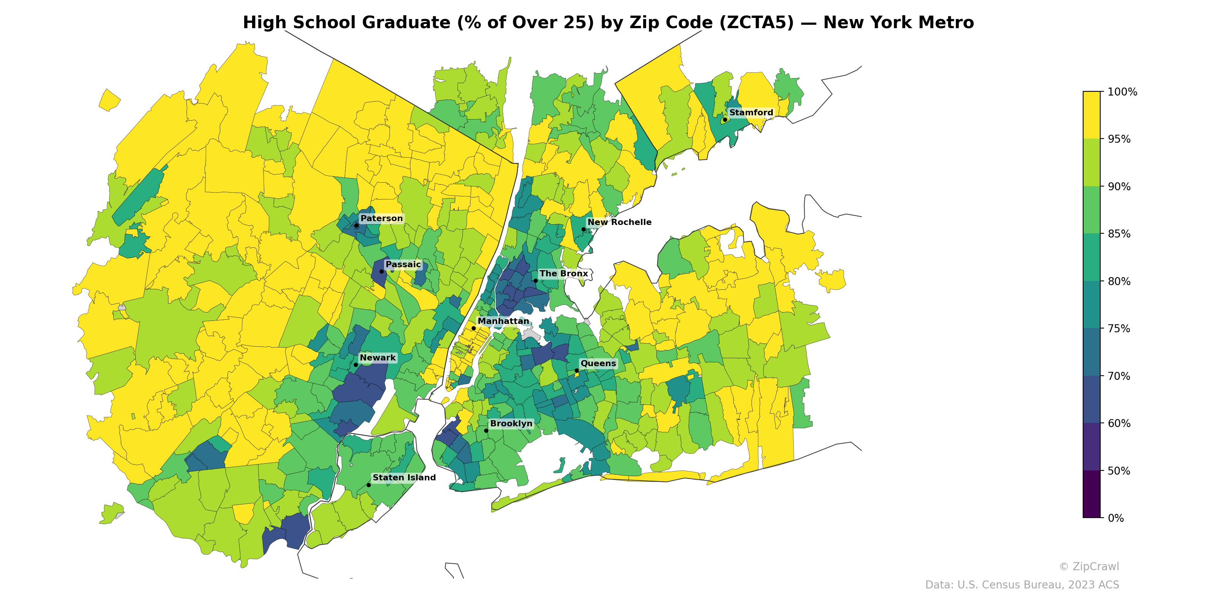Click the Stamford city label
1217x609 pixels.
751,113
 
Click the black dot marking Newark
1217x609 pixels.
356,365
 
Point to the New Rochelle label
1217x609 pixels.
619,222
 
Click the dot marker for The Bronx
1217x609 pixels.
535,281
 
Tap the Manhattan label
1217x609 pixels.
503,321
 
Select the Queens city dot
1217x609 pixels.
577,370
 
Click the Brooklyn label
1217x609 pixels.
511,423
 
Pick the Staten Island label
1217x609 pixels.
404,478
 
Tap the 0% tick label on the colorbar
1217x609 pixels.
1115,518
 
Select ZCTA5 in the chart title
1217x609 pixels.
756,23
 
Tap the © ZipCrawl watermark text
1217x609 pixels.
1088,566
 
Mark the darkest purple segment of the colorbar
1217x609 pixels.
1091,494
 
